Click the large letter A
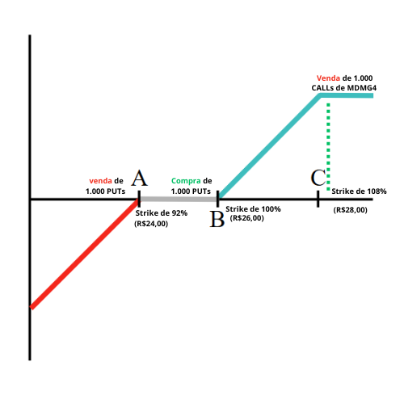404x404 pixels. tap(139, 178)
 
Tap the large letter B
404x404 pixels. tap(217, 219)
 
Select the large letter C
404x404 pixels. tap(318, 178)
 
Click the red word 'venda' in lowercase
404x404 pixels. tap(100, 181)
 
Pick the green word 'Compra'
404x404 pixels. tap(186, 181)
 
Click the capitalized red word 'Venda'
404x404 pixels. tap(328, 78)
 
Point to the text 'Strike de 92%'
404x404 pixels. tap(162, 213)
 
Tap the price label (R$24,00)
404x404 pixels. tap(151, 224)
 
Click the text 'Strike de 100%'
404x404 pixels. tap(253, 209)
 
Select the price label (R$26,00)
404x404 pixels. tap(247, 218)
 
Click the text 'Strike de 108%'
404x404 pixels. tap(359, 191)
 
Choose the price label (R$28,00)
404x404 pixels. tap(351, 210)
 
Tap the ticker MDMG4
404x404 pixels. tap(362, 88)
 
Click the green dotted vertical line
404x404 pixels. tap(328, 147)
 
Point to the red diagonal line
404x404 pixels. tap(85, 254)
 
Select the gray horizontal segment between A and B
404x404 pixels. tap(179, 200)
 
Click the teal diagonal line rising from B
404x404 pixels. tap(269, 145)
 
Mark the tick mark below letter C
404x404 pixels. tap(318, 199)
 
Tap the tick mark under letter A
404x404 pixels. tap(139, 199)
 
